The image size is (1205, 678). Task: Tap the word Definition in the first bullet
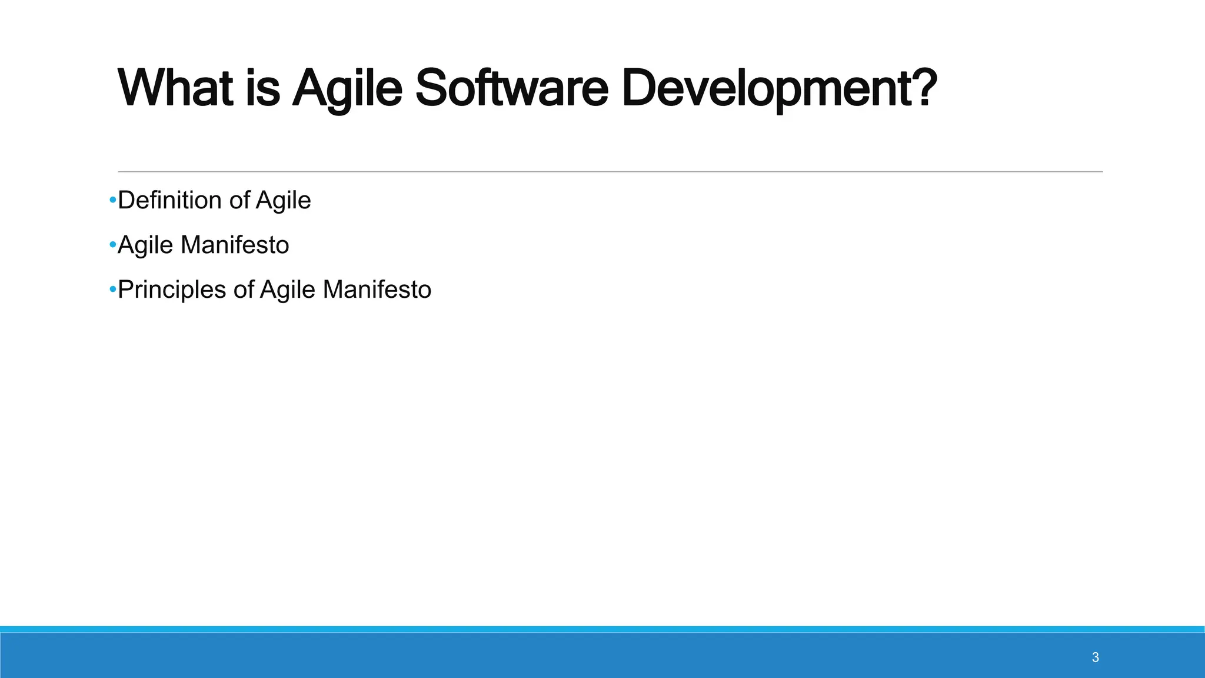(x=170, y=201)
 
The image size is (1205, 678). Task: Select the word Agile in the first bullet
(x=283, y=201)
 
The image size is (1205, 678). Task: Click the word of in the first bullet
(x=239, y=201)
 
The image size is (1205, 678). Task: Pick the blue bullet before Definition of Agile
(x=112, y=201)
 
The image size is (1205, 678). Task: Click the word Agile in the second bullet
(x=145, y=245)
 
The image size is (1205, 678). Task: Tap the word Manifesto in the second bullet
(x=235, y=245)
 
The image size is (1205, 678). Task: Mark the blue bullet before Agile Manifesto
(x=112, y=245)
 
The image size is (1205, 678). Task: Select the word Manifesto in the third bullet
(x=377, y=290)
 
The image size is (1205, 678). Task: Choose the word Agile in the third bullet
(x=287, y=290)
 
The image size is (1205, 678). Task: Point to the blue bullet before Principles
(x=112, y=290)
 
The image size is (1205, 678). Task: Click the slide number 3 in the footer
(x=1095, y=657)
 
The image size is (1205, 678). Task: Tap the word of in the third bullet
(x=244, y=290)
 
